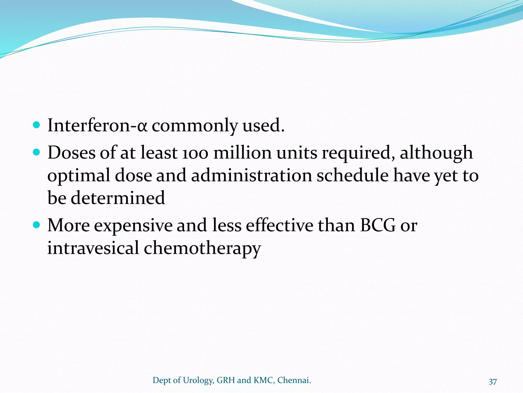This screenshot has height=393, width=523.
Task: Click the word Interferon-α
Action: click(x=97, y=125)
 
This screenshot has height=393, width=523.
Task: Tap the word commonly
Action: click(x=195, y=126)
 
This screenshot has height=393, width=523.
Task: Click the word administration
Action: click(x=252, y=176)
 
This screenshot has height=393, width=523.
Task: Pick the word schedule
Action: click(x=353, y=176)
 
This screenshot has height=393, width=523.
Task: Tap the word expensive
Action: click(x=133, y=226)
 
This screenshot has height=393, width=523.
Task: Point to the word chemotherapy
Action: click(x=202, y=248)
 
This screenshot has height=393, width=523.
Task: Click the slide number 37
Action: click(x=493, y=381)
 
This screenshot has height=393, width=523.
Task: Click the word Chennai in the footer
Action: click(x=294, y=380)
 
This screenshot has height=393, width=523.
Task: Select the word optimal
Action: click(x=79, y=176)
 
